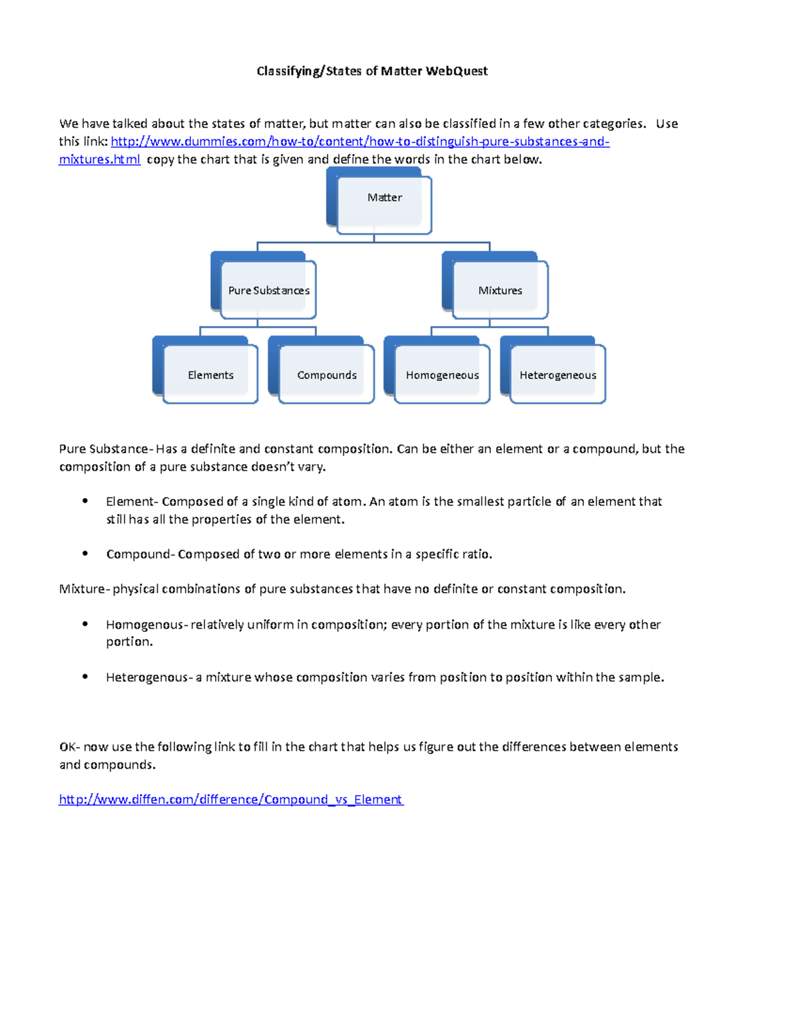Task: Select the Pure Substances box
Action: [268, 290]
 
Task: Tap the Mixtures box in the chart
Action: [500, 290]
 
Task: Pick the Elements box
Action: [210, 374]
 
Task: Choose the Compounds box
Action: [327, 374]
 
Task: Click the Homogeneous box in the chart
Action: [442, 374]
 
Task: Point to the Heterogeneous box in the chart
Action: [558, 374]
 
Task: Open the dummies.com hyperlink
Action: [360, 141]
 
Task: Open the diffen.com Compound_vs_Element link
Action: [231, 799]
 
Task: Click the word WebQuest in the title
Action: [456, 71]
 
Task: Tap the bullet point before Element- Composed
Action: [85, 501]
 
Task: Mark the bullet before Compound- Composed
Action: [85, 553]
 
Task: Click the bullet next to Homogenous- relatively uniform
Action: [85, 624]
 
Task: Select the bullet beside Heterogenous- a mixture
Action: [85, 676]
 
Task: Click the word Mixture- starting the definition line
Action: [83, 589]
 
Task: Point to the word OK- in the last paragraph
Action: [69, 746]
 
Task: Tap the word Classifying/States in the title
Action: [310, 71]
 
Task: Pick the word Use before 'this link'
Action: [666, 123]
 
